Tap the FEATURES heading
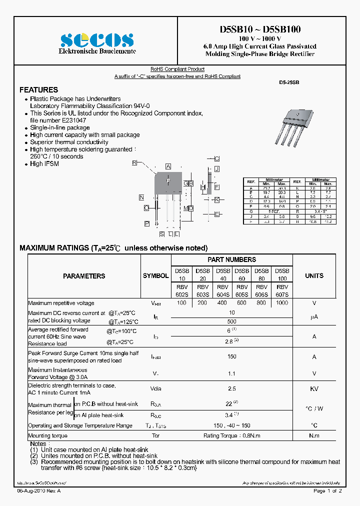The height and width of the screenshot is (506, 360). point(38,90)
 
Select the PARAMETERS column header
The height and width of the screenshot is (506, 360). point(84,276)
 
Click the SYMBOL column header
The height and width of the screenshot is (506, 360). point(155,276)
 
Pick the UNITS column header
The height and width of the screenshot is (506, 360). point(314,275)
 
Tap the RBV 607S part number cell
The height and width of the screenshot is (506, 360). point(282,291)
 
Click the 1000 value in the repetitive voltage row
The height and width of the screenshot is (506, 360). point(282,303)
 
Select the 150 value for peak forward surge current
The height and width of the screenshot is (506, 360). point(231,357)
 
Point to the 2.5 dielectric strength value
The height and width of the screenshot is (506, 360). point(231,388)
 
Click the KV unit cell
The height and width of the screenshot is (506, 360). point(314,388)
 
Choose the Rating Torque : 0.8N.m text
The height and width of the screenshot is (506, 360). point(231,435)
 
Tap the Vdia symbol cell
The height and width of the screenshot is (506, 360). point(155,388)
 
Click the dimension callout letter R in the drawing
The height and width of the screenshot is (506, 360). point(134,163)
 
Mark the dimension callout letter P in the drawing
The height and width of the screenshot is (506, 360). point(147,223)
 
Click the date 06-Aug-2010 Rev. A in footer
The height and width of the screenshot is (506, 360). point(39,491)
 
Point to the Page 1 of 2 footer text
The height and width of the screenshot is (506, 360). point(327,491)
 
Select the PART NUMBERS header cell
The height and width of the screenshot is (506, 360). point(231,259)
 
